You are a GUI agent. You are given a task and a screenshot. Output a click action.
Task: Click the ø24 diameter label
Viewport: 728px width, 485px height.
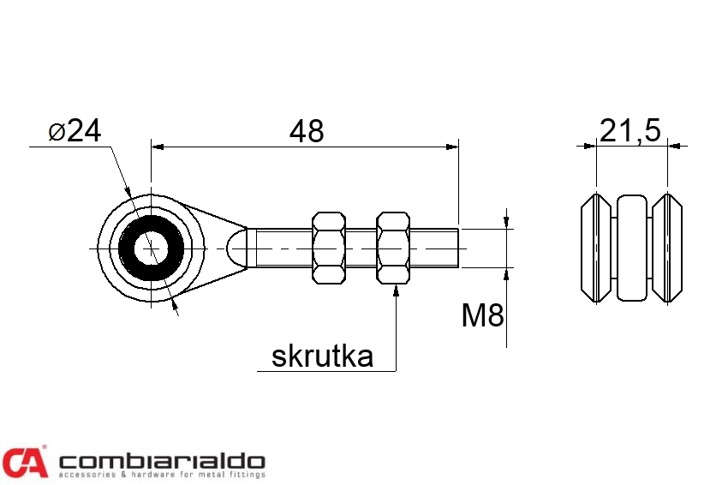pos(75,131)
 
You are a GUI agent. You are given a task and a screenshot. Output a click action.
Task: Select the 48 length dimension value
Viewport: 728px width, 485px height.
pos(307,131)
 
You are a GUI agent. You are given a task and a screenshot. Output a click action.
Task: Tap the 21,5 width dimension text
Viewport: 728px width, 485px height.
pos(630,131)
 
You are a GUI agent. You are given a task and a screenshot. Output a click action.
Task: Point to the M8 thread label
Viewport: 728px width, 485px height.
pos(482,316)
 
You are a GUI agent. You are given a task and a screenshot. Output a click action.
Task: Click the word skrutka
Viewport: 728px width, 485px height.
pos(322,356)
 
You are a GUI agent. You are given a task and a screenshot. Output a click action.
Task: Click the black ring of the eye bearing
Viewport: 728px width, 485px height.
pos(129,248)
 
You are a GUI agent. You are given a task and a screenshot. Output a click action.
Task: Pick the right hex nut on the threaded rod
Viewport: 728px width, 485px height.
pos(393,248)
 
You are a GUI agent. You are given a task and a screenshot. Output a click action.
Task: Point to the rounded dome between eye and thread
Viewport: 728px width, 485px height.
pos(240,248)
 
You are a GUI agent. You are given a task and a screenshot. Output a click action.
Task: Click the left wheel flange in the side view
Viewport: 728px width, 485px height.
pos(595,248)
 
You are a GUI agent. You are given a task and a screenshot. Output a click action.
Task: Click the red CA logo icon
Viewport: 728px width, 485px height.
pos(24,462)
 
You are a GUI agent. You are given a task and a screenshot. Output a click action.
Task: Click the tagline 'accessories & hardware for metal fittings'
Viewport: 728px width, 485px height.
pos(161,474)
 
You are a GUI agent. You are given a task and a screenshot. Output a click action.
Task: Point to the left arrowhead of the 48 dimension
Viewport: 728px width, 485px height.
pos(157,147)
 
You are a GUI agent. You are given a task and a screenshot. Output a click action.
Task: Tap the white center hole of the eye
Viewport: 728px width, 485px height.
pos(152,248)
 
